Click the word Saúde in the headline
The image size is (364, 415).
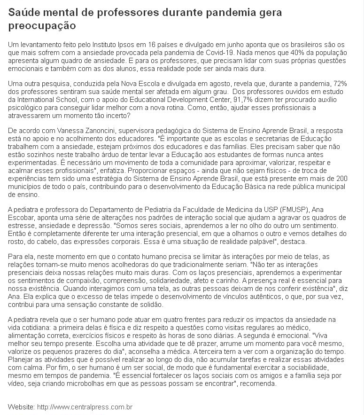pos(24,13)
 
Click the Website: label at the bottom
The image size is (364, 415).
pos(21,406)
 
